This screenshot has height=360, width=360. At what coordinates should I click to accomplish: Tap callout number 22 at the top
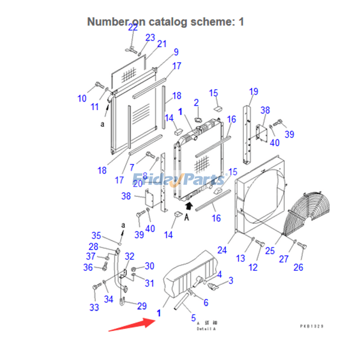(x=133, y=27)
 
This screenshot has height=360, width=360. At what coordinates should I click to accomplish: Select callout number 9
(x=175, y=52)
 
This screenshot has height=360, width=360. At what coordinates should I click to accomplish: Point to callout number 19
(x=253, y=92)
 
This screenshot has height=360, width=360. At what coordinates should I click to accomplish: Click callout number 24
(x=222, y=250)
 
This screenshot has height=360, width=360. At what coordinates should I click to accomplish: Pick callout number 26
(x=298, y=268)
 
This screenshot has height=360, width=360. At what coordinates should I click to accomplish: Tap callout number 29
(x=142, y=306)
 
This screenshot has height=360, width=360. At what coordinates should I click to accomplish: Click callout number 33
(x=94, y=308)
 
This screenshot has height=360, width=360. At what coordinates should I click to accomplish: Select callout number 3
(x=231, y=281)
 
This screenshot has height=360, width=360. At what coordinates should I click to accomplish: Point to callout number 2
(x=196, y=103)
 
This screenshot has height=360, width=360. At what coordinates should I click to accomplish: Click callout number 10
(x=82, y=98)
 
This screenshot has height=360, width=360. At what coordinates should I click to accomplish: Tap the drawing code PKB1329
(x=312, y=326)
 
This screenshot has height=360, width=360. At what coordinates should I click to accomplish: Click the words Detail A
(x=206, y=329)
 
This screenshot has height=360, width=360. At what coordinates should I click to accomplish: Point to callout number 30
(x=149, y=266)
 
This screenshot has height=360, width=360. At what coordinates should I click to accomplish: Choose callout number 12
(x=253, y=267)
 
